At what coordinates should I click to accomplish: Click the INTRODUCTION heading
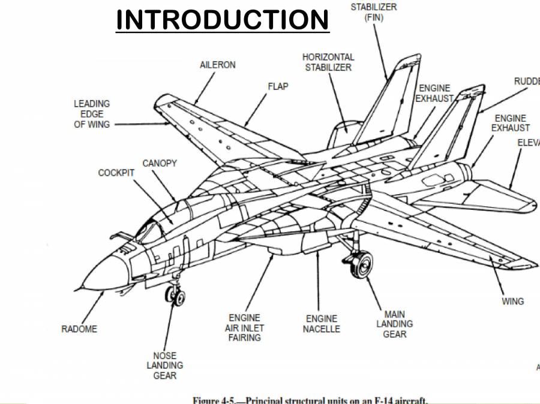222,19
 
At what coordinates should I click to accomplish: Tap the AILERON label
217,65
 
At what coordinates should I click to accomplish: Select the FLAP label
278,86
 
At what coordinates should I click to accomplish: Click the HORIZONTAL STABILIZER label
328,62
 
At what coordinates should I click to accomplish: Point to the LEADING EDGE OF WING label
92,114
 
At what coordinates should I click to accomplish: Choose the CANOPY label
160,163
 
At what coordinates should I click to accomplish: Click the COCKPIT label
116,173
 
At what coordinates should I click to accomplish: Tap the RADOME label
79,329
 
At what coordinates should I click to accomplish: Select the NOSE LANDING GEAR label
164,366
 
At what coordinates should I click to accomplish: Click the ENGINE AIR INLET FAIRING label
244,328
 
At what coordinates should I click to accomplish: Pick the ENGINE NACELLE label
321,324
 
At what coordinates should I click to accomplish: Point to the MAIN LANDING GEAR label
394,324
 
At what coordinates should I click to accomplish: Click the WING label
512,301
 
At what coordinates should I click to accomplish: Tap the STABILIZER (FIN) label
373,12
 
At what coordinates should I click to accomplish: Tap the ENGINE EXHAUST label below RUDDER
511,123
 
